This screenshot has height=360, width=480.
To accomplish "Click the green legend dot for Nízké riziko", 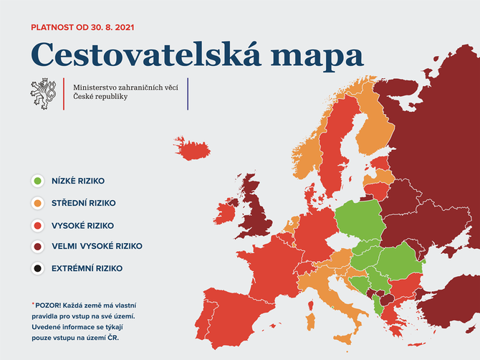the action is pyautogui.click(x=37, y=181).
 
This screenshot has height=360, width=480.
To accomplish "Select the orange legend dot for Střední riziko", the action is pyautogui.click(x=37, y=203).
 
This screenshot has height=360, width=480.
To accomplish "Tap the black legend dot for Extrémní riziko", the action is pyautogui.click(x=37, y=268).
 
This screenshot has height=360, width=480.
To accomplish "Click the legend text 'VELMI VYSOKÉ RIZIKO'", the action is pyautogui.click(x=97, y=246).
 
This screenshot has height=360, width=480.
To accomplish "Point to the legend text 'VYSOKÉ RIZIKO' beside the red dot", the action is pyautogui.click(x=82, y=226).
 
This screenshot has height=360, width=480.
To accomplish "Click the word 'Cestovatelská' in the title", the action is pyautogui.click(x=146, y=55).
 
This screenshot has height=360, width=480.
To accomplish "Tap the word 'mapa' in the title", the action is pyautogui.click(x=317, y=57).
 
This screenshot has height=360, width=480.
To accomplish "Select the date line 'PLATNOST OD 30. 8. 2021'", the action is pyautogui.click(x=82, y=27).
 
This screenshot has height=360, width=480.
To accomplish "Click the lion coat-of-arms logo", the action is pyautogui.click(x=43, y=93).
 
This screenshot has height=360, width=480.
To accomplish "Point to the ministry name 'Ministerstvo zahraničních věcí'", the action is pyautogui.click(x=125, y=87).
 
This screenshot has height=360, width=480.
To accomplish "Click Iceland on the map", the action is pyautogui.click(x=193, y=149).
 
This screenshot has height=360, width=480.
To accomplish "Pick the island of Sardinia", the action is pyautogui.click(x=310, y=321).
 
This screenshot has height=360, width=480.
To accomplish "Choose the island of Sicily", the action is pyautogui.click(x=343, y=339).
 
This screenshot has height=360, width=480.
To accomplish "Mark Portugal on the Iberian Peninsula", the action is pyautogui.click(x=204, y=320).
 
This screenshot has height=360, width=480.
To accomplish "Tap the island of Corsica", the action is pyautogui.click(x=311, y=305).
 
